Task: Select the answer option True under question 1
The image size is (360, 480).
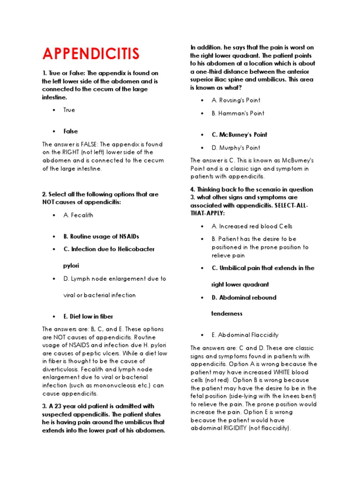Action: (69, 110)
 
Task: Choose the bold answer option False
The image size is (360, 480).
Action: (71, 131)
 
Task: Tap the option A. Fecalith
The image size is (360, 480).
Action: (78, 215)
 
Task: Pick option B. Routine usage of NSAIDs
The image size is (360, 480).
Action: (101, 236)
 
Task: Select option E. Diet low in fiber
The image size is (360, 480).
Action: (88, 316)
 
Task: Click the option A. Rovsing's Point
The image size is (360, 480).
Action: (236, 100)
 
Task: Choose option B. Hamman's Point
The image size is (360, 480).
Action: (238, 113)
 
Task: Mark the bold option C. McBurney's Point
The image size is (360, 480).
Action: (239, 135)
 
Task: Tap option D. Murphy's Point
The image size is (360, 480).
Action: (236, 148)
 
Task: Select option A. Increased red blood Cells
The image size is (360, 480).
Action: (252, 226)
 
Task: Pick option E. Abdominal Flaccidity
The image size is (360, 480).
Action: (245, 335)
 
